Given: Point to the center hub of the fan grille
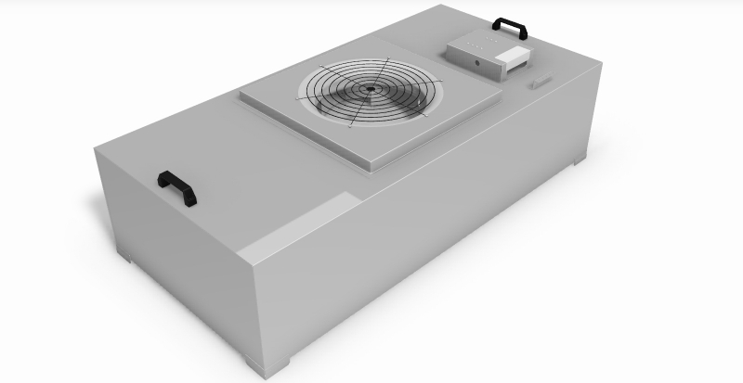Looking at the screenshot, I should pyautogui.click(x=369, y=90).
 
